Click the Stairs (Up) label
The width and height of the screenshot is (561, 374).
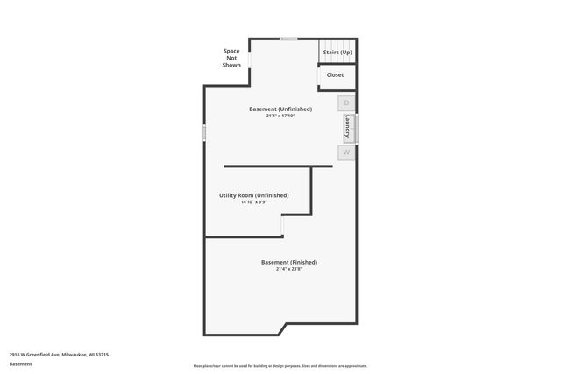click(x=337, y=53)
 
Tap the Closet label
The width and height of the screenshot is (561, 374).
click(x=336, y=74)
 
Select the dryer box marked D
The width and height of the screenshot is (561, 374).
click(x=346, y=103)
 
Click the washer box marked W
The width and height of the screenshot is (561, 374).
click(x=346, y=152)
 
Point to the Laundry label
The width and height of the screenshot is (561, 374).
click(x=348, y=128)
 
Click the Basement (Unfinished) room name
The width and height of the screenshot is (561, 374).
click(x=280, y=109)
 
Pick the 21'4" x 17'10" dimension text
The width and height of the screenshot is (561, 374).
click(x=280, y=116)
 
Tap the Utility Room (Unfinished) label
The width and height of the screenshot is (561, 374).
click(x=253, y=195)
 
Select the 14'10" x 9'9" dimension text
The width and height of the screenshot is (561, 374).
click(x=253, y=202)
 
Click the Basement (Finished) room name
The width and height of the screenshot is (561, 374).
click(x=289, y=262)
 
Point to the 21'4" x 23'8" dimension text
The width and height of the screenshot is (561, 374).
click(x=289, y=269)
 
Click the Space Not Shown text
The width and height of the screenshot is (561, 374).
click(x=231, y=58)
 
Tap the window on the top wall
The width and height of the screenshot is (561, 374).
click(x=288, y=39)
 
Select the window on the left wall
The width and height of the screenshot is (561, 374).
click(x=204, y=132)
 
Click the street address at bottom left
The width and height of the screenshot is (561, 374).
click(x=59, y=355)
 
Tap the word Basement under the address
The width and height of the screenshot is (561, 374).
click(x=20, y=364)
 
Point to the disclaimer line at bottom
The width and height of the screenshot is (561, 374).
click(x=280, y=366)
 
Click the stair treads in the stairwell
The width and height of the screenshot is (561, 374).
click(x=337, y=44)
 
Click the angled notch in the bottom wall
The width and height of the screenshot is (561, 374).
click(x=282, y=329)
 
